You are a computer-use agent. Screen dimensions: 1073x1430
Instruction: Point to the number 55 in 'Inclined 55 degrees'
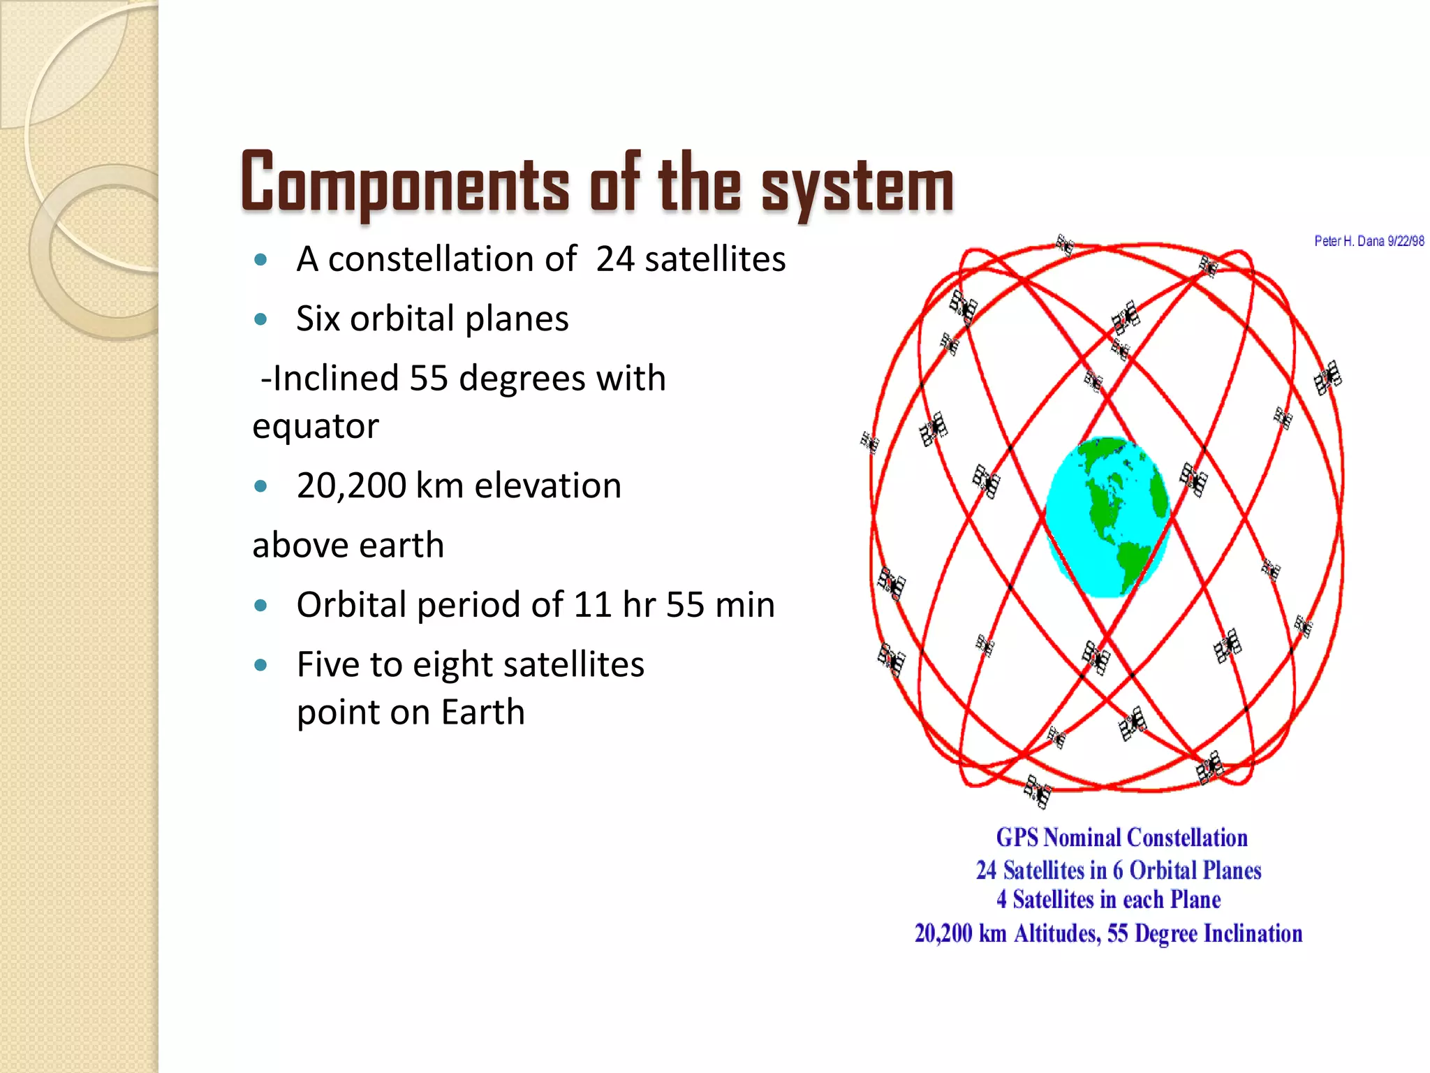[x=428, y=378]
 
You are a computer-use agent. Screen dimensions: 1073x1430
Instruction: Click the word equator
[x=316, y=427]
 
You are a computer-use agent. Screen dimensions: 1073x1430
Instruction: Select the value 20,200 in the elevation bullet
[x=351, y=486]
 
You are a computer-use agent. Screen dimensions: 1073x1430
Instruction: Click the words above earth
[x=348, y=546]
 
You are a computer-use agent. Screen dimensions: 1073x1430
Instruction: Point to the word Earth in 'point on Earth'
[x=482, y=713]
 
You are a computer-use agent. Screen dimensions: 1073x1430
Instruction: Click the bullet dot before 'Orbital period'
[x=261, y=606]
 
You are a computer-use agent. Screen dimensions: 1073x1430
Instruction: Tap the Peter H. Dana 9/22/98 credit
[x=1369, y=241]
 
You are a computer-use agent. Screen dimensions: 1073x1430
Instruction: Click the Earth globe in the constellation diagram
[x=1107, y=517]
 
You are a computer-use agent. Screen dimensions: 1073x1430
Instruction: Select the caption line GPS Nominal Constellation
[x=1121, y=838]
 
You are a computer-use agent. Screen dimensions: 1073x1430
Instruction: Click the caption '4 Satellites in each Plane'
[x=1108, y=900]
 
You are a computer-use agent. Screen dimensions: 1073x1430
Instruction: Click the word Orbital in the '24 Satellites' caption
[x=1160, y=870]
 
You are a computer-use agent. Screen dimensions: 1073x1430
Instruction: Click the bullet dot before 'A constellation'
[x=261, y=260]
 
